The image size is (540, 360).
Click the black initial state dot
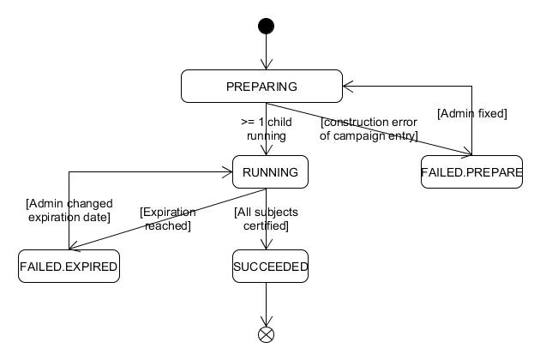click(266, 26)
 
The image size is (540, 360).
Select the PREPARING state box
click(261, 86)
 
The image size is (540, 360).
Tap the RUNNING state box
click(270, 172)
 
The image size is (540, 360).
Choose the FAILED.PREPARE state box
click(471, 172)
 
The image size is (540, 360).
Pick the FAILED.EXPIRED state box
click(69, 267)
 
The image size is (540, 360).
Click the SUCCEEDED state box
click(270, 267)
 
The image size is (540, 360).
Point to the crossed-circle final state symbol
click(266, 333)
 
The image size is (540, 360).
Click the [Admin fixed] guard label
click(471, 113)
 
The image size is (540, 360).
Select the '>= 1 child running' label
click(266, 129)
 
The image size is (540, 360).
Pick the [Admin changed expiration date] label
click(69, 211)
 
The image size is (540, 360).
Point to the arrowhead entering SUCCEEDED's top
click(266, 245)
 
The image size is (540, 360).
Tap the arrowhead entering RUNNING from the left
click(227, 172)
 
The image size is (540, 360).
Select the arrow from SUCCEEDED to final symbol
click(266, 304)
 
